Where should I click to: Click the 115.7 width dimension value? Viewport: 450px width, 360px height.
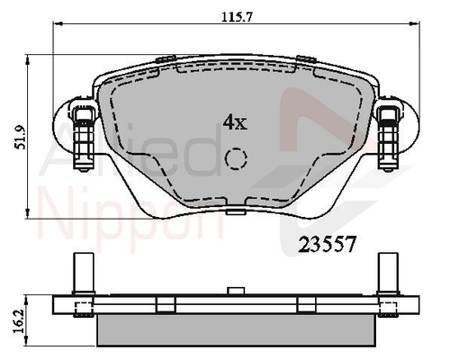click(x=238, y=17)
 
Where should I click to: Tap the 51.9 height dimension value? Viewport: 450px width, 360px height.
click(x=21, y=137)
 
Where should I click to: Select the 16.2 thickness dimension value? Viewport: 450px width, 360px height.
click(x=20, y=322)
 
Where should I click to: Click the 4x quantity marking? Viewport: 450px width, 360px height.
click(x=235, y=122)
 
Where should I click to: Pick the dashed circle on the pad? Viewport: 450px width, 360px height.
click(x=236, y=157)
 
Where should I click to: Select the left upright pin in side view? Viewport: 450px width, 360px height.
click(x=84, y=274)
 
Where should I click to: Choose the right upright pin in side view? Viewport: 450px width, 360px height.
click(x=388, y=274)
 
